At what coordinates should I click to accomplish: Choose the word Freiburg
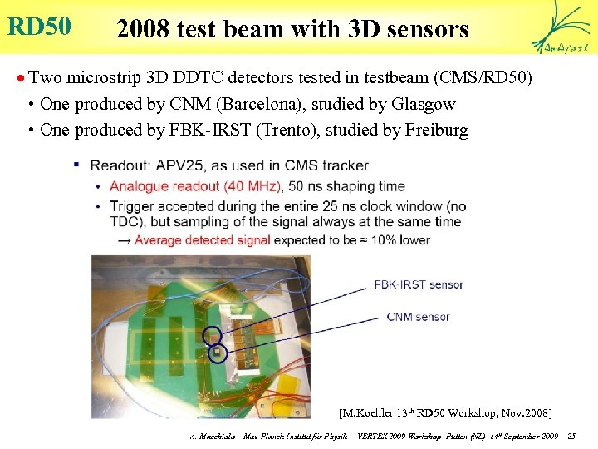[438, 130]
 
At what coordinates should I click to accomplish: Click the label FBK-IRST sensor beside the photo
[419, 284]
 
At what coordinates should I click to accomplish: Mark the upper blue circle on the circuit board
[213, 335]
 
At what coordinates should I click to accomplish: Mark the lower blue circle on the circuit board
[218, 353]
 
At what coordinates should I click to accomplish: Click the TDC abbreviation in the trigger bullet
[125, 222]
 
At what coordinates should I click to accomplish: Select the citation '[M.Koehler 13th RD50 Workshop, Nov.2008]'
[445, 412]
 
